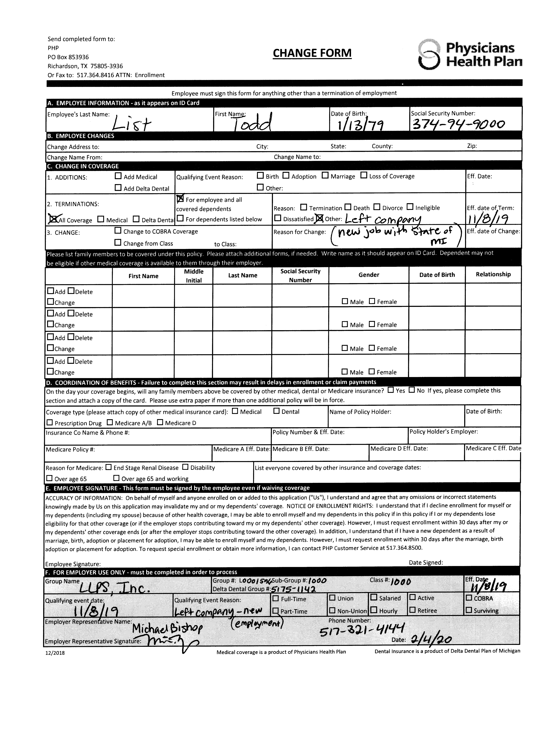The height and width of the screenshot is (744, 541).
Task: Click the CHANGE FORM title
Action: coord(312,53)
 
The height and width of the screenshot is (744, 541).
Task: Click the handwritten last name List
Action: coord(131,124)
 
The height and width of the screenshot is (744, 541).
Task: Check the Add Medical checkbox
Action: coord(118,176)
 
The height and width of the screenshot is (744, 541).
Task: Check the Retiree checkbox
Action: coord(413,610)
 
